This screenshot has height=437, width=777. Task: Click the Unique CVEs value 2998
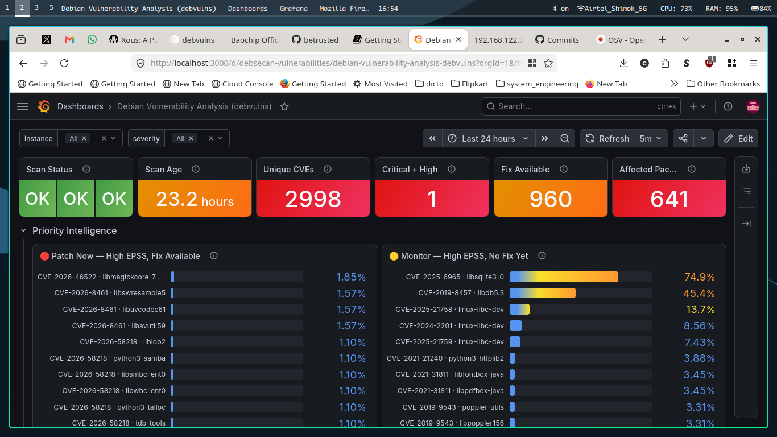point(313,199)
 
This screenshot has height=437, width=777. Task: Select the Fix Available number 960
point(551,199)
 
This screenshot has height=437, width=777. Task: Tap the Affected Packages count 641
point(669,199)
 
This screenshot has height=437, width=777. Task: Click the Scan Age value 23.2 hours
point(195,199)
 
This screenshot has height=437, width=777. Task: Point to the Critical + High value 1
point(432,199)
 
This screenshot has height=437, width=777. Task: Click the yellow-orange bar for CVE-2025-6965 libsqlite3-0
point(564,277)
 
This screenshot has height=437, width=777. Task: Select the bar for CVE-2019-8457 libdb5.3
point(543,293)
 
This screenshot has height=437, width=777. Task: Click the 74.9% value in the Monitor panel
point(699,277)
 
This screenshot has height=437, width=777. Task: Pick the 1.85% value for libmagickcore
point(351,277)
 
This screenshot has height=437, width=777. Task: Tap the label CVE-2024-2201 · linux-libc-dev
point(451,325)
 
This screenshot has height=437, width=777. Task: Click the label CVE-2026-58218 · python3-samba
point(108,358)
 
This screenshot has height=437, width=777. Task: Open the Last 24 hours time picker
point(489,138)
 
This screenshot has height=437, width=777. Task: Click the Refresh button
point(607,138)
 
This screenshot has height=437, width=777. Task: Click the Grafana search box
point(581,106)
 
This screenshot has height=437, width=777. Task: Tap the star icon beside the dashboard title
point(284,106)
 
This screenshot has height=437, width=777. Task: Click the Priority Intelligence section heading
point(75,230)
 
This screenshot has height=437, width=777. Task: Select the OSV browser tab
point(620,40)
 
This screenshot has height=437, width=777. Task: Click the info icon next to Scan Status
point(86,169)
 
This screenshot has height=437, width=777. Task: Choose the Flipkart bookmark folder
point(470,84)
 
